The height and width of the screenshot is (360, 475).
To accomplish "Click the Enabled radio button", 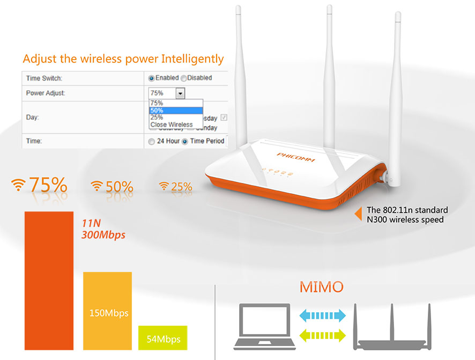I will pyautogui.click(x=152, y=78).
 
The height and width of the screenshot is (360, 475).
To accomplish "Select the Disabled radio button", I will pyautogui.click(x=183, y=78).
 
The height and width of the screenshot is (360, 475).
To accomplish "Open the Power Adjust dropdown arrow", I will pyautogui.click(x=180, y=93).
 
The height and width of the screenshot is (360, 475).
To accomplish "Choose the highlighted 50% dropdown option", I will pyautogui.click(x=176, y=111).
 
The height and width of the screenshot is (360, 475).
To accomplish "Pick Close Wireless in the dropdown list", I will pyautogui.click(x=172, y=124).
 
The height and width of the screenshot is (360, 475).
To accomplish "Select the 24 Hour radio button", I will pyautogui.click(x=151, y=141).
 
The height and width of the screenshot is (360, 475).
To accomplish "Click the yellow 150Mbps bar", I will pyautogui.click(x=107, y=311).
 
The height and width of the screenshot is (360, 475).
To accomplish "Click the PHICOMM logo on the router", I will pyautogui.click(x=296, y=158).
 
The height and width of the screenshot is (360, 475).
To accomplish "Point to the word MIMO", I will pyautogui.click(x=321, y=286).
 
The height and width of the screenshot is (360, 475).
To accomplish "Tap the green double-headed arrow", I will pyautogui.click(x=321, y=336).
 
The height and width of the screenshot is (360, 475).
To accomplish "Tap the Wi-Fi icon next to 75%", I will pyautogui.click(x=19, y=185).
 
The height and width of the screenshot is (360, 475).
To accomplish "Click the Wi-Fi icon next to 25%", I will pyautogui.click(x=164, y=186).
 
